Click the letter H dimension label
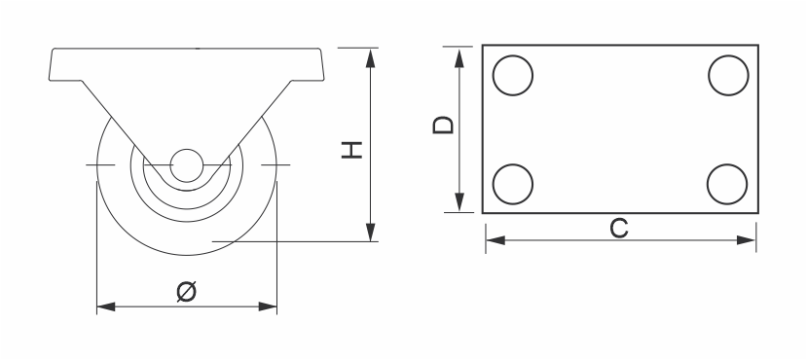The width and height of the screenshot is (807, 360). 352,150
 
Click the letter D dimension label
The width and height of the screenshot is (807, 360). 443,125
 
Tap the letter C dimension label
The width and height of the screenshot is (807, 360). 619,229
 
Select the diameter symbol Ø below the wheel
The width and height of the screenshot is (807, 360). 186,291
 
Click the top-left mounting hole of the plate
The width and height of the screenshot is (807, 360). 513,75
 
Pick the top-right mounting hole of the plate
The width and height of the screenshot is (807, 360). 728,75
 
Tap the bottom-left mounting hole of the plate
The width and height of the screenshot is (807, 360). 513,184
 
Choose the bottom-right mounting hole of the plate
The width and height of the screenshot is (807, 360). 727,184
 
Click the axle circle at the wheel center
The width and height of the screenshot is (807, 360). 186,165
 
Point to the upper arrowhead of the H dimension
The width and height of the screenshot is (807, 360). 370,58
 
